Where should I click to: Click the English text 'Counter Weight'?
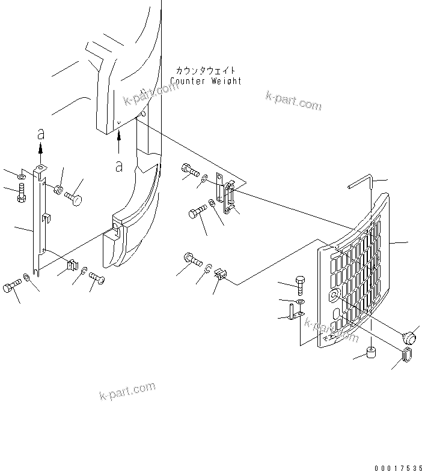(206, 81)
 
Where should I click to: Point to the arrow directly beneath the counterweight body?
(119, 143)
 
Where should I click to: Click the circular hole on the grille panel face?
(334, 295)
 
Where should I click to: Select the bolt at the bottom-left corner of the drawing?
(12, 287)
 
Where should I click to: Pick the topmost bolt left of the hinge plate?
(189, 172)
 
